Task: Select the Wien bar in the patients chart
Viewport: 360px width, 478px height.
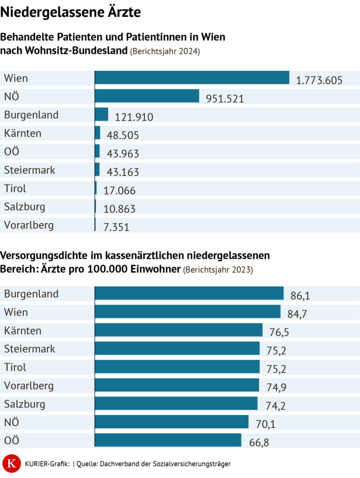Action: [x=192, y=78]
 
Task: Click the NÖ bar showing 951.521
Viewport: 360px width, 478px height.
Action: [x=147, y=96]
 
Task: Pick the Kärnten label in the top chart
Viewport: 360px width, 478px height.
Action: [x=23, y=133]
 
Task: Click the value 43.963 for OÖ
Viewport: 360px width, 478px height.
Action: [x=123, y=154]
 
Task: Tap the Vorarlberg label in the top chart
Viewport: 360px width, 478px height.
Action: [x=29, y=225]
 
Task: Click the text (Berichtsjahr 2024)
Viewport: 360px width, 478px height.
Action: [x=165, y=51]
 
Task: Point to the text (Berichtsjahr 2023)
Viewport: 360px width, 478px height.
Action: [x=219, y=269]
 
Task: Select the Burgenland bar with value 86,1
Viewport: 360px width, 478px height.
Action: [x=189, y=293]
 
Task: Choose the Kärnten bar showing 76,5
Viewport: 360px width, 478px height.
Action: [x=178, y=330]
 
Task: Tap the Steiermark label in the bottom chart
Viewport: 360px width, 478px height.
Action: [x=30, y=349]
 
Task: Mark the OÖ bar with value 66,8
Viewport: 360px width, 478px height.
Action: [x=168, y=440]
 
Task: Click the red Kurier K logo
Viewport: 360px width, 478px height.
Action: [x=11, y=464]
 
